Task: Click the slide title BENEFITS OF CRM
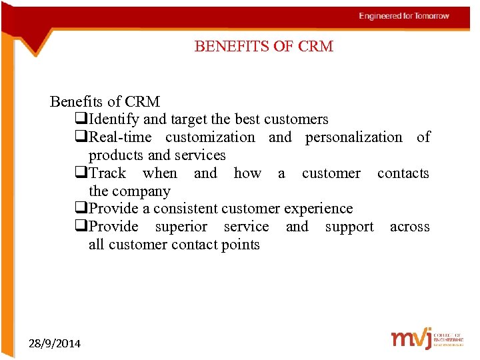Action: pyautogui.click(x=263, y=47)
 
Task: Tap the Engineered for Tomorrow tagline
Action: pyautogui.click(x=404, y=16)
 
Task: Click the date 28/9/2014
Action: pyautogui.click(x=55, y=343)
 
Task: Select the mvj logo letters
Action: pyautogui.click(x=410, y=338)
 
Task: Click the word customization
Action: pyautogui.click(x=210, y=137)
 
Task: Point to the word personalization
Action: pyautogui.click(x=353, y=137)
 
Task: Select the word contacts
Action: pyautogui.click(x=403, y=173)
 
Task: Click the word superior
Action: pyautogui.click(x=181, y=227)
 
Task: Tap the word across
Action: pyautogui.click(x=409, y=227)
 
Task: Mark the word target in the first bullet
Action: pyautogui.click(x=189, y=119)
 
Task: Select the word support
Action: pyautogui.click(x=349, y=227)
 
